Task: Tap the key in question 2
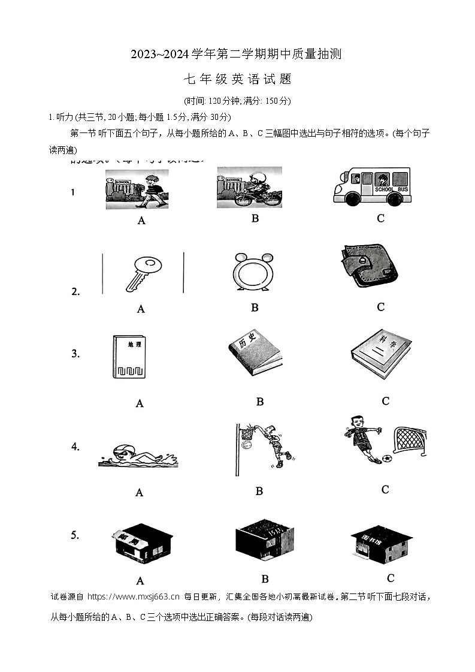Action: pos(141,273)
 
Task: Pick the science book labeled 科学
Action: pos(381,354)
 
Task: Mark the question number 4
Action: pos(75,447)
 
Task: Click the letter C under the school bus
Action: pos(380,219)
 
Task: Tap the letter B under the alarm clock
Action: pos(255,308)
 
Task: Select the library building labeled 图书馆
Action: pos(381,544)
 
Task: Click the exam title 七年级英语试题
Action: pos(237,79)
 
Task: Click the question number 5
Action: pos(75,535)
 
